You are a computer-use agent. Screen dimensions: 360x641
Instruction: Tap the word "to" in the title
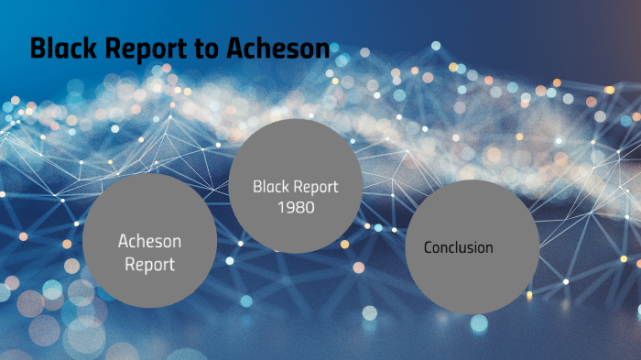click(203, 48)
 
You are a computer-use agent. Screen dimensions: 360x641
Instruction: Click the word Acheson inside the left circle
click(149, 241)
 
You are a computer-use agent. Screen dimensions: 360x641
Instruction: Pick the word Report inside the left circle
click(149, 264)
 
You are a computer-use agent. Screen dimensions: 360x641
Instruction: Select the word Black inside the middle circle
click(271, 187)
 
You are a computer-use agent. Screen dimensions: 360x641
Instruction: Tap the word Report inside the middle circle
click(316, 187)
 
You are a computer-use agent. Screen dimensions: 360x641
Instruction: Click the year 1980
click(295, 208)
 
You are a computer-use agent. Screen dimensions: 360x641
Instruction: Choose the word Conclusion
click(458, 247)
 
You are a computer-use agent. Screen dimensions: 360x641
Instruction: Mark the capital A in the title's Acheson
click(234, 48)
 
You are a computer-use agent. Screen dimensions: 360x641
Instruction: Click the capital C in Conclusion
click(428, 247)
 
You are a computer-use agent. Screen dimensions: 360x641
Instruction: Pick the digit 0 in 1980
click(310, 208)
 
